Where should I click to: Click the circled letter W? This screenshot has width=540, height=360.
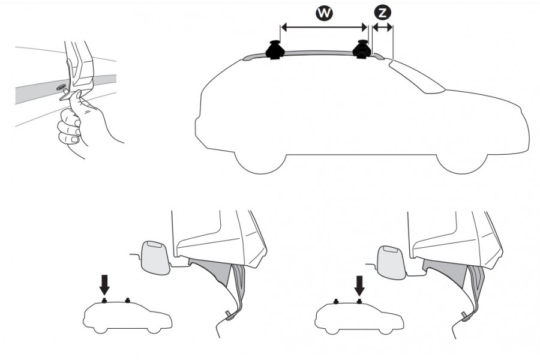325,14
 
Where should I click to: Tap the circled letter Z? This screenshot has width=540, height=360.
382,13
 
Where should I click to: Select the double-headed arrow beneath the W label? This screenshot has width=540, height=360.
324,27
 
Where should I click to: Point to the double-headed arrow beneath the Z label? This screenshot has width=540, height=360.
382,27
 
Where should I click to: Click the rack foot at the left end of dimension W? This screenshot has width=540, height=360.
275,50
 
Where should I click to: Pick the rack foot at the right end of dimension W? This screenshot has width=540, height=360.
362,50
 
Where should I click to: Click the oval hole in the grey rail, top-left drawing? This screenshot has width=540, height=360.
62,88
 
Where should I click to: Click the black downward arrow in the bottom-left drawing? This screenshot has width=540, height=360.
104,283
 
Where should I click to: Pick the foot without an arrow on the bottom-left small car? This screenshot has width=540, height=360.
127,299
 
